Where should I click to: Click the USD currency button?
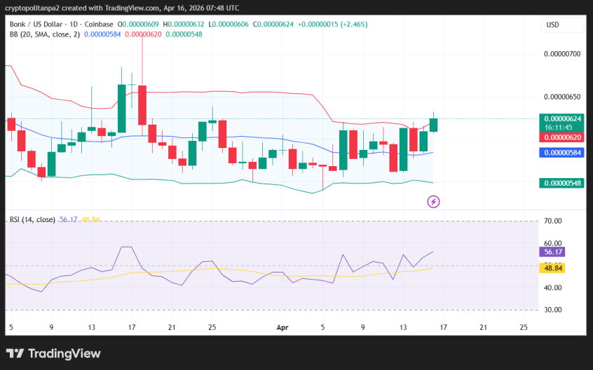[553, 25]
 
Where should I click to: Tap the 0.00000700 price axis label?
[562, 54]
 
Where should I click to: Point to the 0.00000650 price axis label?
[562, 97]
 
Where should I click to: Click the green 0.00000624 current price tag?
[561, 118]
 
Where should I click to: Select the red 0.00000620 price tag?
[561, 138]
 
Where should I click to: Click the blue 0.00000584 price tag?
[561, 152]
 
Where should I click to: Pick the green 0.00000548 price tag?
[561, 183]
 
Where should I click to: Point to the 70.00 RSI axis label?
[553, 221]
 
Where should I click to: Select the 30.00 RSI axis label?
[553, 310]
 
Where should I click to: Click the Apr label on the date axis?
[282, 327]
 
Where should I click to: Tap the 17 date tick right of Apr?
[444, 327]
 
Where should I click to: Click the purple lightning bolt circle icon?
[433, 202]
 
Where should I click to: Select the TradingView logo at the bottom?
[53, 353]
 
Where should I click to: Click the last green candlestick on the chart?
[434, 124]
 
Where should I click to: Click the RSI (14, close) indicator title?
[32, 219]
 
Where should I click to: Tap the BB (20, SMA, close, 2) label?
[43, 34]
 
